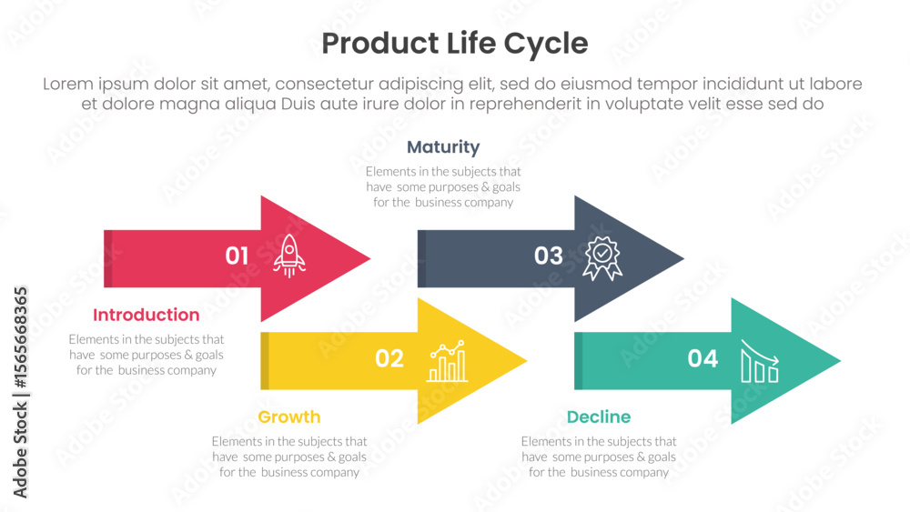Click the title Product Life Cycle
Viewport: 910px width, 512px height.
(455, 44)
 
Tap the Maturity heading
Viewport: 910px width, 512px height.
(443, 147)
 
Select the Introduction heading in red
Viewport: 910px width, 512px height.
(147, 315)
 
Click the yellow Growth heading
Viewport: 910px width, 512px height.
(289, 417)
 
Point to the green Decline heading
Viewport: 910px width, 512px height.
(599, 417)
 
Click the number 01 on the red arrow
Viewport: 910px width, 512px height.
(237, 256)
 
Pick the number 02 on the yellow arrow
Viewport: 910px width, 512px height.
(389, 358)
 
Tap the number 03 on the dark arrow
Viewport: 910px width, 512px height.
(549, 256)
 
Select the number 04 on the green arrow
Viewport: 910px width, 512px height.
(703, 358)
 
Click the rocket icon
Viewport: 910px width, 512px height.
(289, 256)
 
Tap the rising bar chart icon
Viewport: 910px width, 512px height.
(447, 361)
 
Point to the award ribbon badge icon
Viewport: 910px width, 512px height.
(602, 258)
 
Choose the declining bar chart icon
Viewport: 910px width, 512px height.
(760, 361)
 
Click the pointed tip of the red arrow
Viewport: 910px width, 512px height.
(369, 258)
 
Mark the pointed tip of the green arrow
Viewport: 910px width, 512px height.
(840, 361)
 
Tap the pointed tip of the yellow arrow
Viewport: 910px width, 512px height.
(526, 361)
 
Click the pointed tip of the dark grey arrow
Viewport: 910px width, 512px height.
(683, 258)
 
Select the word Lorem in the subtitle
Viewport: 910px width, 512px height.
(68, 84)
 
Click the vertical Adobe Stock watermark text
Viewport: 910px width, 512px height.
(20, 393)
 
